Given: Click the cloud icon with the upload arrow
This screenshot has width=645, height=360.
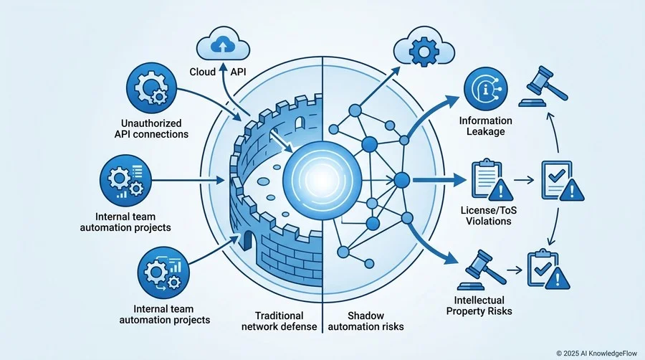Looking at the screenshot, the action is pos(223,44).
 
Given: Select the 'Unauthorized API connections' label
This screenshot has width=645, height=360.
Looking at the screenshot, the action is pos(151,129).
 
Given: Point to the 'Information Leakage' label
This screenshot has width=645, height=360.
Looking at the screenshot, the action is pos(485,126).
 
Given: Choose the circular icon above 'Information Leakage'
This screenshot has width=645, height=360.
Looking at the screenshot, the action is pos(485,89).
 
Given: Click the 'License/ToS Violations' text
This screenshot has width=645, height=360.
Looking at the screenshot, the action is pos(489,216).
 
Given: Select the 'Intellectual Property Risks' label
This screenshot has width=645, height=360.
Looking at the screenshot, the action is pos(479,305).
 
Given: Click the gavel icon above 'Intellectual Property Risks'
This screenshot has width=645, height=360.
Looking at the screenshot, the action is pos(481,270).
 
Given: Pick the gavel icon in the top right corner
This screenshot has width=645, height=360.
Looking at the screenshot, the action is pos(543,87).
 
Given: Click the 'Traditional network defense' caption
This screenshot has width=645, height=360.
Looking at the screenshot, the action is pos(279,321).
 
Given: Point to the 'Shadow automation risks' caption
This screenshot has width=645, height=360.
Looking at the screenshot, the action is pos(365,321).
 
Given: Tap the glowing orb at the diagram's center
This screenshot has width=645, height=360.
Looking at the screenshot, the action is pos(322,180).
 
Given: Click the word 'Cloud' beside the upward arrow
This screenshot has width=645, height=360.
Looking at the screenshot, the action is pos(202,72).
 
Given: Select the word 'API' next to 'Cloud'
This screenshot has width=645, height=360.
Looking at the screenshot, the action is pos(238,72).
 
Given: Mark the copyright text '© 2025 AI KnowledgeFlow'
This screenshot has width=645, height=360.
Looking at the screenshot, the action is pos(597,353).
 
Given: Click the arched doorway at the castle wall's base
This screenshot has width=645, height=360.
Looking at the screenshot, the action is pos(247,240).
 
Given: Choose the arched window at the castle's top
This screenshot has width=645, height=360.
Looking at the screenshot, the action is pos(300,122).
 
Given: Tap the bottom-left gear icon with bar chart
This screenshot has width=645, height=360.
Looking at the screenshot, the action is pos(163,273).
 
